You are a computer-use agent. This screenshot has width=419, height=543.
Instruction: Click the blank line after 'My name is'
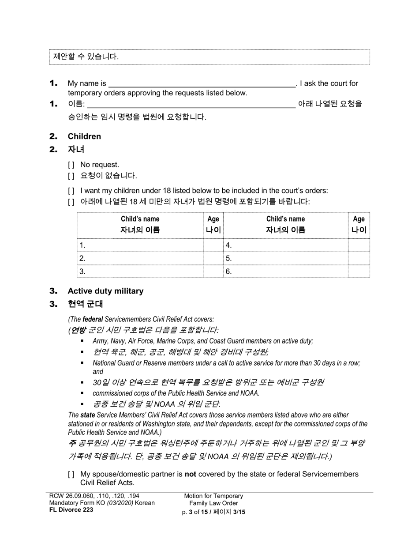tap(202, 83)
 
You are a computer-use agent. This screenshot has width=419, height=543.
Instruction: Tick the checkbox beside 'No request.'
tap(71, 165)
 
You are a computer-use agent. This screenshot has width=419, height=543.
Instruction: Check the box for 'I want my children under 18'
tap(71, 191)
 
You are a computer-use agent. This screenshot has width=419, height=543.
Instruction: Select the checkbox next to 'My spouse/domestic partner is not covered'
tap(71, 474)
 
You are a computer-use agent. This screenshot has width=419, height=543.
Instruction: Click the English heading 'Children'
tap(84, 136)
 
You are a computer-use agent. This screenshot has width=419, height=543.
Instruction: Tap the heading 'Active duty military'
tap(105, 291)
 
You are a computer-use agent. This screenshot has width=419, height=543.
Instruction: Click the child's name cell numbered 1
tap(140, 245)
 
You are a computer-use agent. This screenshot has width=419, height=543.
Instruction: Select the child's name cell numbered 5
tap(285, 259)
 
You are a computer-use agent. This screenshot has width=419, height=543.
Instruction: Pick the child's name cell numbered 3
tap(140, 271)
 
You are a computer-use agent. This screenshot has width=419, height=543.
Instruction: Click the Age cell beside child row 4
tap(359, 245)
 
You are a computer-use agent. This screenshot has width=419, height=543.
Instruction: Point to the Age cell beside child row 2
tap(213, 259)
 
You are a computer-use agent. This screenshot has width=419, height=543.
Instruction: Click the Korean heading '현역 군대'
tap(85, 304)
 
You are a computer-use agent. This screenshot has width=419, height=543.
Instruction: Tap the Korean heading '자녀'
tap(76, 149)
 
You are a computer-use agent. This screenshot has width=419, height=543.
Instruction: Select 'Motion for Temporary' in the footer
tap(213, 496)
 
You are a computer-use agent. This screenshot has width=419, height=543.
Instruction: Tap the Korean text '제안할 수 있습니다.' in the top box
tap(86, 57)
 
